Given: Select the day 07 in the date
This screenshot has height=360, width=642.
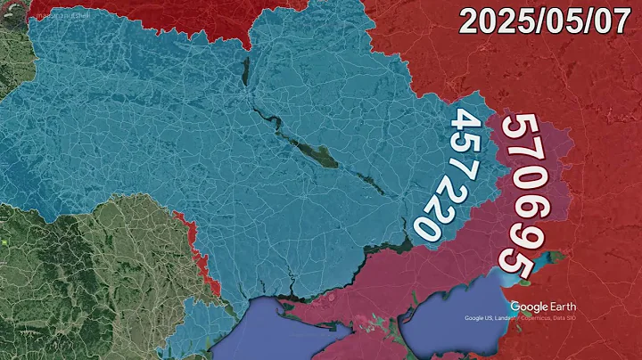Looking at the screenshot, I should pyautogui.click(x=611, y=20).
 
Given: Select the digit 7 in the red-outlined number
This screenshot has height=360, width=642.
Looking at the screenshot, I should pyautogui.click(x=523, y=160).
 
